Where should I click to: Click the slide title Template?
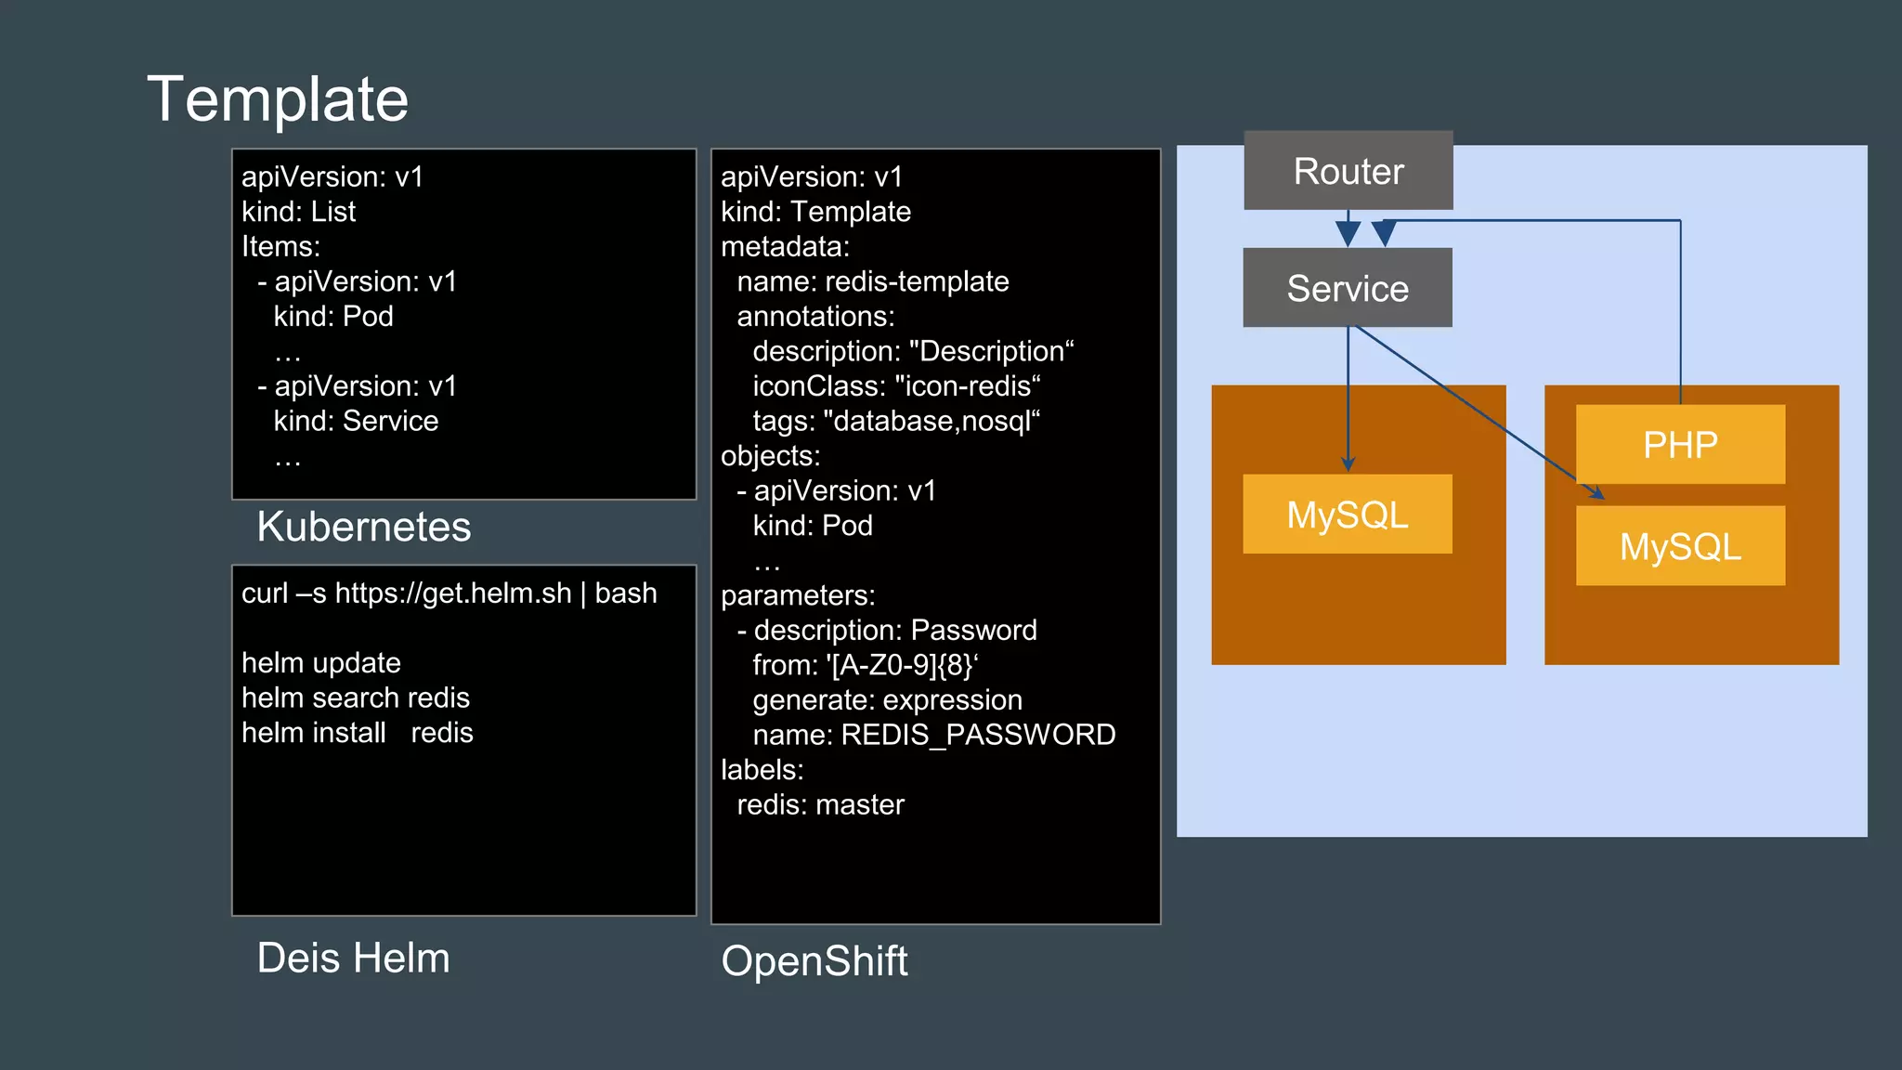click(x=278, y=99)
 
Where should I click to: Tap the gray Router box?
click(x=1348, y=171)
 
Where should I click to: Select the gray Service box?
click(x=1347, y=288)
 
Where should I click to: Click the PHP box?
click(x=1679, y=444)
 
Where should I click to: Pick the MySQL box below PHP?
click(x=1679, y=546)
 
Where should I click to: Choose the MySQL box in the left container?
click(x=1347, y=514)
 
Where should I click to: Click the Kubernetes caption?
click(x=363, y=527)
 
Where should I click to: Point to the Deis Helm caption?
click(x=353, y=958)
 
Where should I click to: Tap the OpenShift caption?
click(x=814, y=960)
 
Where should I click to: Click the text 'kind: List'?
click(x=298, y=212)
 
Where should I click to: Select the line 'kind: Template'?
click(x=815, y=212)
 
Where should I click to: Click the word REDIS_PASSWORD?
click(x=978, y=735)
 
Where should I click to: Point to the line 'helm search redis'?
click(x=355, y=698)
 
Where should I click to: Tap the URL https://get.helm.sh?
click(x=452, y=594)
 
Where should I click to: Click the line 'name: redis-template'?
click(x=872, y=281)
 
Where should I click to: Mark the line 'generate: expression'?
click(x=887, y=700)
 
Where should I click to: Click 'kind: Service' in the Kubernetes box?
click(x=355, y=421)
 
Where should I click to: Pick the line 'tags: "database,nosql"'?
click(x=895, y=421)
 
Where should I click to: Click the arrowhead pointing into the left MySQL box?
click(x=1348, y=464)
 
